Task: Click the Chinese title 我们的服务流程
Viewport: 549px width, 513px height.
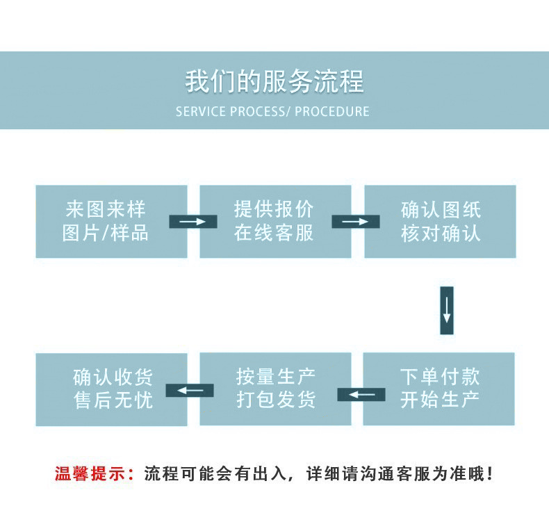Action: tap(274, 81)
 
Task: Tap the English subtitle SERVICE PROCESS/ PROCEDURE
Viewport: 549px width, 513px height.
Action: tap(272, 111)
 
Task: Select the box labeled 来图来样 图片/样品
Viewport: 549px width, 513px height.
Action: tap(111, 221)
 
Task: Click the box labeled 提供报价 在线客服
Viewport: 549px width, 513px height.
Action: tap(275, 221)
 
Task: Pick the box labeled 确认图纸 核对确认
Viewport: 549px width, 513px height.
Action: tap(440, 221)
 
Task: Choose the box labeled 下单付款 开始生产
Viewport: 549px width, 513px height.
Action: tap(439, 389)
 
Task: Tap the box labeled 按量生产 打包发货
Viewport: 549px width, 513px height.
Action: tap(275, 389)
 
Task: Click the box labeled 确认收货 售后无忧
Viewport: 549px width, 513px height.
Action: tap(111, 389)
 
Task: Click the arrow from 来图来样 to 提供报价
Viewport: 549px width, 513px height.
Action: tap(193, 222)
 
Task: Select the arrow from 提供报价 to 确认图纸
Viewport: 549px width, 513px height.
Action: tap(356, 222)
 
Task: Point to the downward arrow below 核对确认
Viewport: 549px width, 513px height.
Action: tap(447, 310)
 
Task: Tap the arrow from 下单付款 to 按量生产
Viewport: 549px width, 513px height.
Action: tap(361, 395)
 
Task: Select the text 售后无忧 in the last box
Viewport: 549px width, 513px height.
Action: tap(113, 400)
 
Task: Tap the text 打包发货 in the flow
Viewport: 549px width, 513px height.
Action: tap(276, 400)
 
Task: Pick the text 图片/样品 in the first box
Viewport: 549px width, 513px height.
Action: tap(106, 233)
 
